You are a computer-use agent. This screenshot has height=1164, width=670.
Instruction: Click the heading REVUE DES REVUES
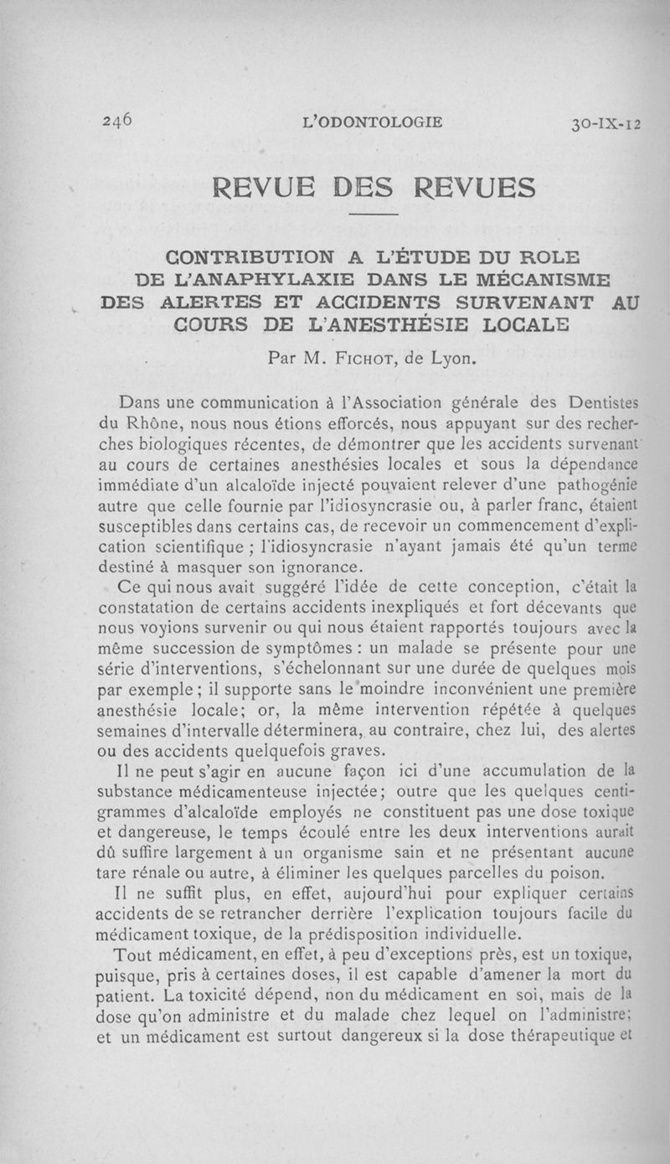click(x=374, y=186)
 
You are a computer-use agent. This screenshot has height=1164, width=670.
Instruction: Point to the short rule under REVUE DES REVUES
click(x=374, y=216)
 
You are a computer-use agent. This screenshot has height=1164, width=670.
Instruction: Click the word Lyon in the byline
click(x=453, y=360)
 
